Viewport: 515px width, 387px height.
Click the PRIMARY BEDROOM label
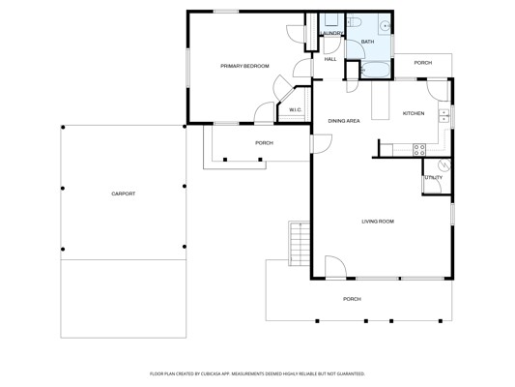coord(244,66)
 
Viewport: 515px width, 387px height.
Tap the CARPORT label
coord(124,193)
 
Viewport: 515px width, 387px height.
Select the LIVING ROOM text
coord(378,222)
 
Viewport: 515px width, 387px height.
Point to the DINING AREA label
coord(344,121)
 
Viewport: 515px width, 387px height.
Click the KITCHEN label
coord(414,113)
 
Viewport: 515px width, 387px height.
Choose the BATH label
coord(367,42)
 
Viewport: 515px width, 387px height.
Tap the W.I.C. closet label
coord(296,110)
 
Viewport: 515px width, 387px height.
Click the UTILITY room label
coord(434,178)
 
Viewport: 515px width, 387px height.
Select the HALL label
coord(330,59)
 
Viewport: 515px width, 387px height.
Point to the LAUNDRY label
coord(331,33)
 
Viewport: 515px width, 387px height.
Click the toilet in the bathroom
coord(355,22)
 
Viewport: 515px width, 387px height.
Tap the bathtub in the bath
coord(376,70)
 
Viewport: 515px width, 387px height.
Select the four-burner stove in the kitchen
coord(419,150)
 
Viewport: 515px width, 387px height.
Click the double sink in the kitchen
coord(443,115)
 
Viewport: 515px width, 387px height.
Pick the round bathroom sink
coord(386,25)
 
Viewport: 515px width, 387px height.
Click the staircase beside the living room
coord(300,244)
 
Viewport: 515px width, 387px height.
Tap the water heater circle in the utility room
coord(444,165)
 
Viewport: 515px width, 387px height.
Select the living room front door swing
coord(335,267)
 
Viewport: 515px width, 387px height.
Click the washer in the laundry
coord(331,20)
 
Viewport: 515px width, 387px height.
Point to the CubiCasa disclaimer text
coord(257,373)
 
